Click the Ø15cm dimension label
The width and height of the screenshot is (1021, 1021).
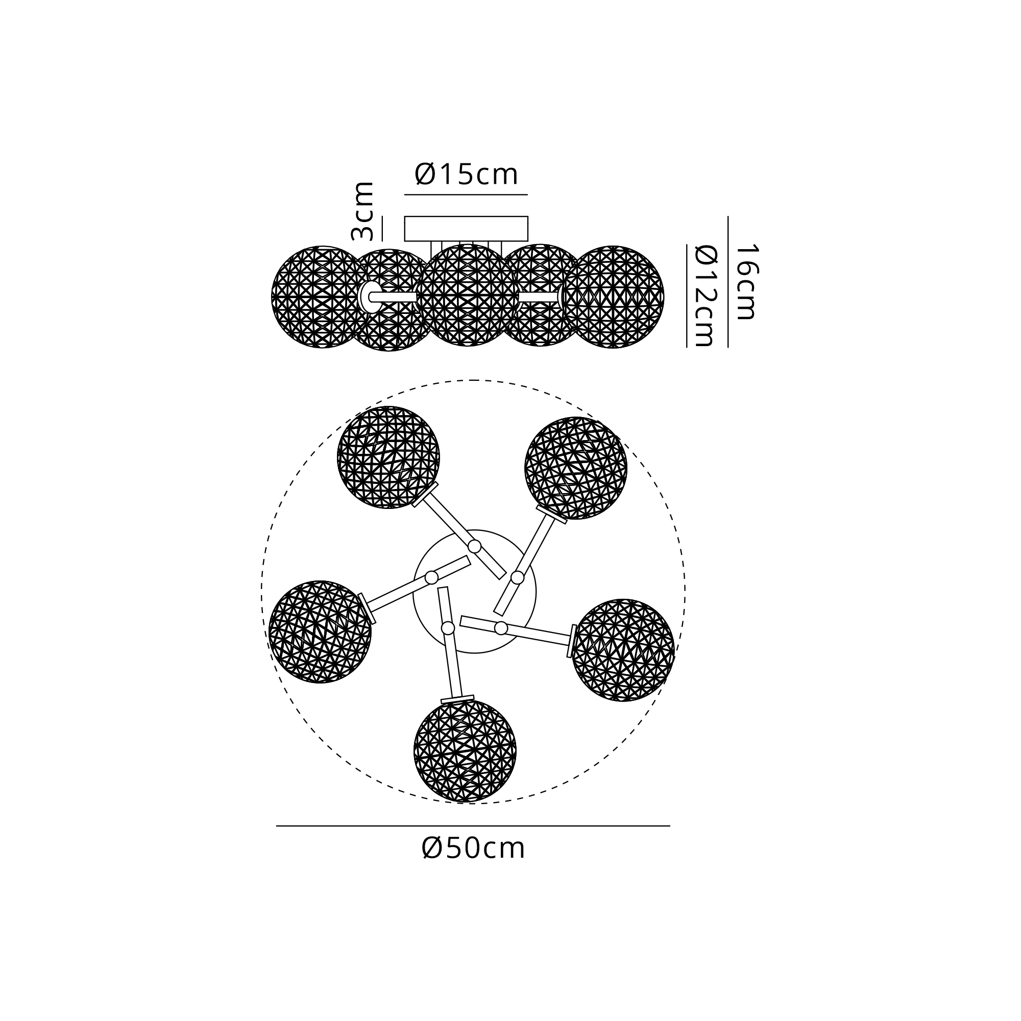[466, 175]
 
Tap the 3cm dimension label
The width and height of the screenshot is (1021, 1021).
[362, 211]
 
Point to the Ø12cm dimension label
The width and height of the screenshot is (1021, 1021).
[705, 296]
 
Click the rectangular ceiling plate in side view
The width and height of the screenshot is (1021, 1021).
[466, 228]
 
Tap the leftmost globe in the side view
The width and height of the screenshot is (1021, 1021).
[322, 297]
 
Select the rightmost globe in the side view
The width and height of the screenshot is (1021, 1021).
[613, 297]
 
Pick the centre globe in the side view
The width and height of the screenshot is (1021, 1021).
[468, 295]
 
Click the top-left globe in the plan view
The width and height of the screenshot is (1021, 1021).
[388, 457]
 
